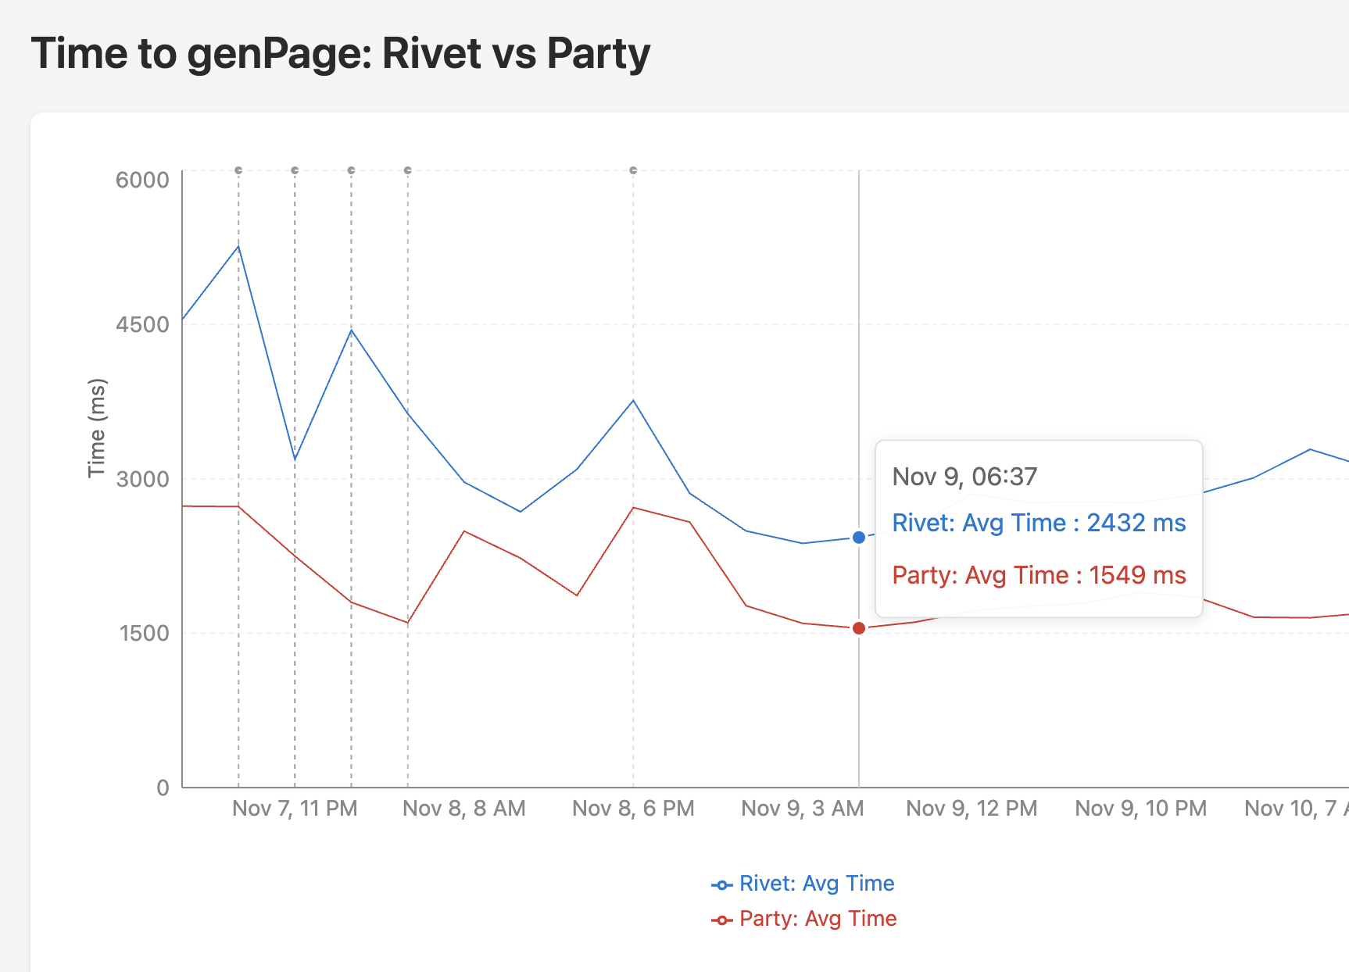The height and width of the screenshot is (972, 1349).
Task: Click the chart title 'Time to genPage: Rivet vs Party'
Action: point(341,54)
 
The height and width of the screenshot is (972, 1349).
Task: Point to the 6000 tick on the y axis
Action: point(142,180)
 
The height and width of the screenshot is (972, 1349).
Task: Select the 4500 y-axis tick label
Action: point(142,324)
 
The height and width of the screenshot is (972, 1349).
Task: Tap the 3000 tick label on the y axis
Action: point(142,479)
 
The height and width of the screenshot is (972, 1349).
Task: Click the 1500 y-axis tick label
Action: point(144,633)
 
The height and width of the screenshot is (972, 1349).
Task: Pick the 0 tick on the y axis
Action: point(163,788)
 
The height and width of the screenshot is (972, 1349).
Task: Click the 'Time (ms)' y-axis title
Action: point(97,428)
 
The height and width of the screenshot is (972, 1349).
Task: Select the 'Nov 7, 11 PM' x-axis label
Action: point(295,809)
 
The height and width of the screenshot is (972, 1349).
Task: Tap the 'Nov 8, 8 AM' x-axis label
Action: point(464,809)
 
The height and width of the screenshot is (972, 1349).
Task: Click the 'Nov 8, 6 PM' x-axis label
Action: point(633,809)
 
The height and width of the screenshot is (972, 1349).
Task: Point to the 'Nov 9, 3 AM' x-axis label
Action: point(803,809)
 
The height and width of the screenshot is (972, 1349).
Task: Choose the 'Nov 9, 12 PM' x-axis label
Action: point(971,809)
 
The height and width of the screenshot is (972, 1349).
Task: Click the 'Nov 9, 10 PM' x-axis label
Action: point(1141,809)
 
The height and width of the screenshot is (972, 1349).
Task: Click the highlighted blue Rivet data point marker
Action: point(859,538)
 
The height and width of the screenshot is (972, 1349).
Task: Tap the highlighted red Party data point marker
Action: point(859,628)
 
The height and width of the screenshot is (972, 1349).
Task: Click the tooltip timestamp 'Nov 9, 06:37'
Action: point(964,477)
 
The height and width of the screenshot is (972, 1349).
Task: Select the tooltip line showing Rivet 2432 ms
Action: point(1039,523)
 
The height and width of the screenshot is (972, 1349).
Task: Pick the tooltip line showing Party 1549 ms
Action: point(1039,575)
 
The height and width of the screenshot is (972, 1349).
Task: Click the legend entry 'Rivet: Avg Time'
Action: point(816,884)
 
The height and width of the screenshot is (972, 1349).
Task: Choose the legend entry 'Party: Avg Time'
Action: point(818,919)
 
